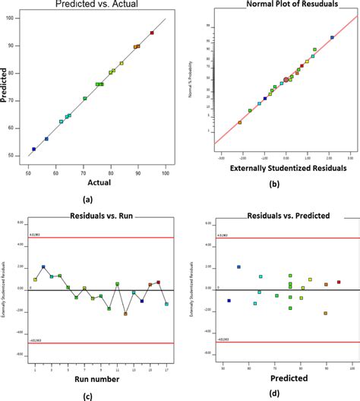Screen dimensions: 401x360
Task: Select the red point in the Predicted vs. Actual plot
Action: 152,33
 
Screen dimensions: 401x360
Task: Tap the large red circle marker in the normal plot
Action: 286,79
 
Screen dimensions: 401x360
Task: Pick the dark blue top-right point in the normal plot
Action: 332,37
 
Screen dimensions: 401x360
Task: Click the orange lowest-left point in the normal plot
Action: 240,122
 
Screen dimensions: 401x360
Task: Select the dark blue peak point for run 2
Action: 43,267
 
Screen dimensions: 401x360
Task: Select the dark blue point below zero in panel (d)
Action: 229,301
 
